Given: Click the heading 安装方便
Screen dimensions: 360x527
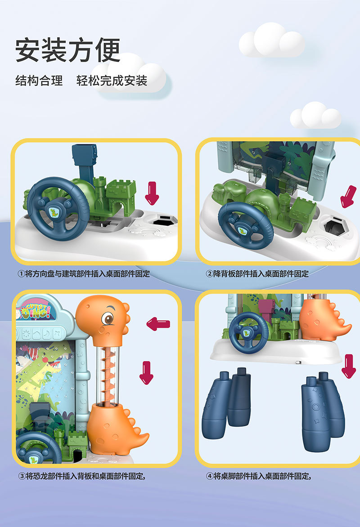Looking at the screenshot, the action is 67,50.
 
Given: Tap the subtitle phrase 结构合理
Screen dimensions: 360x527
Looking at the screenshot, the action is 39,80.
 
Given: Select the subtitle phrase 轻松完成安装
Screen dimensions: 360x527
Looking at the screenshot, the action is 112,80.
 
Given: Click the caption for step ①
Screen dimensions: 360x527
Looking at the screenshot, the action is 84,273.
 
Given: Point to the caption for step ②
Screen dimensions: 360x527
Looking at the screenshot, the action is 257,273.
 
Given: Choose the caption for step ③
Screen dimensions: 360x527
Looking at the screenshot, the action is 82,476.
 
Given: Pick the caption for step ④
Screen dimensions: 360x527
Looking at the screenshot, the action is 258,476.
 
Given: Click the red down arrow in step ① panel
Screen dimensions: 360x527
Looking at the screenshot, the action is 152,193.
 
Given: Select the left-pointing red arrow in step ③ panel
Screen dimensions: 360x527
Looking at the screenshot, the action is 158,324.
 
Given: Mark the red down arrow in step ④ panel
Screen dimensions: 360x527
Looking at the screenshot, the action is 349,366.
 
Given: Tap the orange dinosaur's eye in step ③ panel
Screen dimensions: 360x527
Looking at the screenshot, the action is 108,318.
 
